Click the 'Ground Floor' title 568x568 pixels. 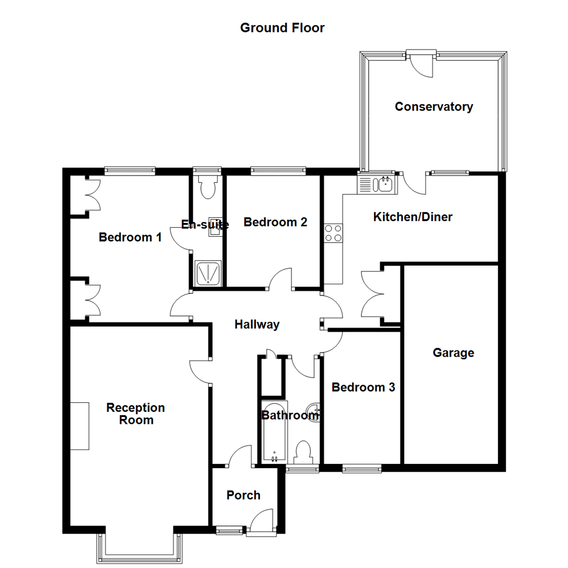coord(282,28)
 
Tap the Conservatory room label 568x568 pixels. coord(434,107)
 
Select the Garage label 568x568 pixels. coord(453,353)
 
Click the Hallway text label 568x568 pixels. coord(257,324)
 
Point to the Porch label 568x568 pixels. coord(244,495)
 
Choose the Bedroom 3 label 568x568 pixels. coord(363,388)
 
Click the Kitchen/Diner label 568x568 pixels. coord(413,217)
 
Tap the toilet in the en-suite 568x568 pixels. coord(208,187)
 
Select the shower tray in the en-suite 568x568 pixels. coord(208,273)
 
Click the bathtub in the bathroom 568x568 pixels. coord(273,431)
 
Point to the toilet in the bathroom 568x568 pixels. coord(303,453)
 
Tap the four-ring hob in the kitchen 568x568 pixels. coord(333,233)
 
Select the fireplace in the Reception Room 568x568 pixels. coord(80,426)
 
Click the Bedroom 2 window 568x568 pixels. coord(278,170)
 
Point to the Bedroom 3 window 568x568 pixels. coord(362,468)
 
